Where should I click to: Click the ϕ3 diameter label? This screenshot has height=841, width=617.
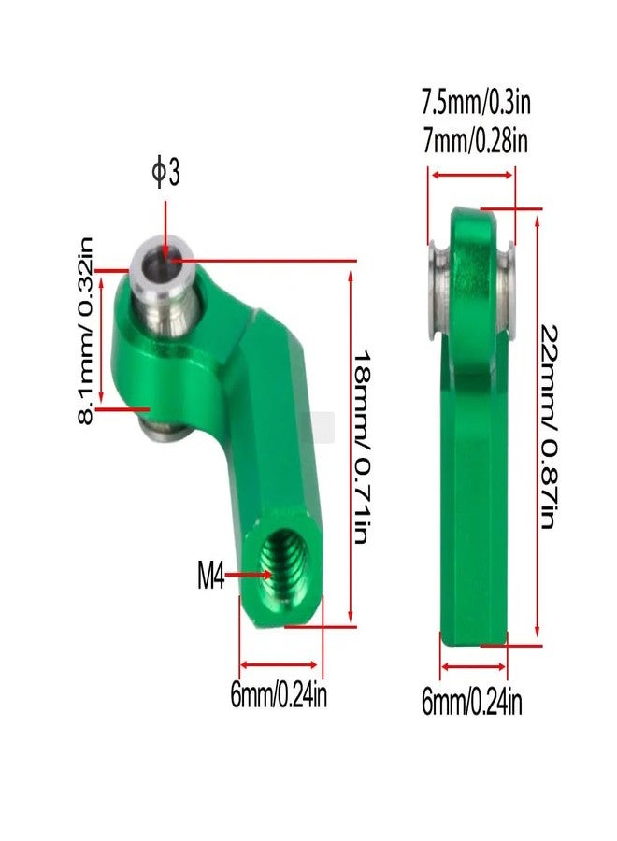click(x=165, y=172)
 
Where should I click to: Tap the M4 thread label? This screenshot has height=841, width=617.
click(x=210, y=576)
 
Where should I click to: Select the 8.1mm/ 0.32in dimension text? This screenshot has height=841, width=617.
click(x=86, y=331)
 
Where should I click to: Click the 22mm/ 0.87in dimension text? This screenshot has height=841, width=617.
click(x=548, y=425)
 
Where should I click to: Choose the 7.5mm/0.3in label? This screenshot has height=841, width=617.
click(x=476, y=102)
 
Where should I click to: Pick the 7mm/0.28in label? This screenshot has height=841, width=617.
click(x=475, y=140)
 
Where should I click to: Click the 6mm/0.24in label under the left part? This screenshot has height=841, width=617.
click(x=279, y=695)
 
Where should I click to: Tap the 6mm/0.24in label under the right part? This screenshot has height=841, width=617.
click(x=471, y=702)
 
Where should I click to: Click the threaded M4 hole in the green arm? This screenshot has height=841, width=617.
click(x=281, y=568)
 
